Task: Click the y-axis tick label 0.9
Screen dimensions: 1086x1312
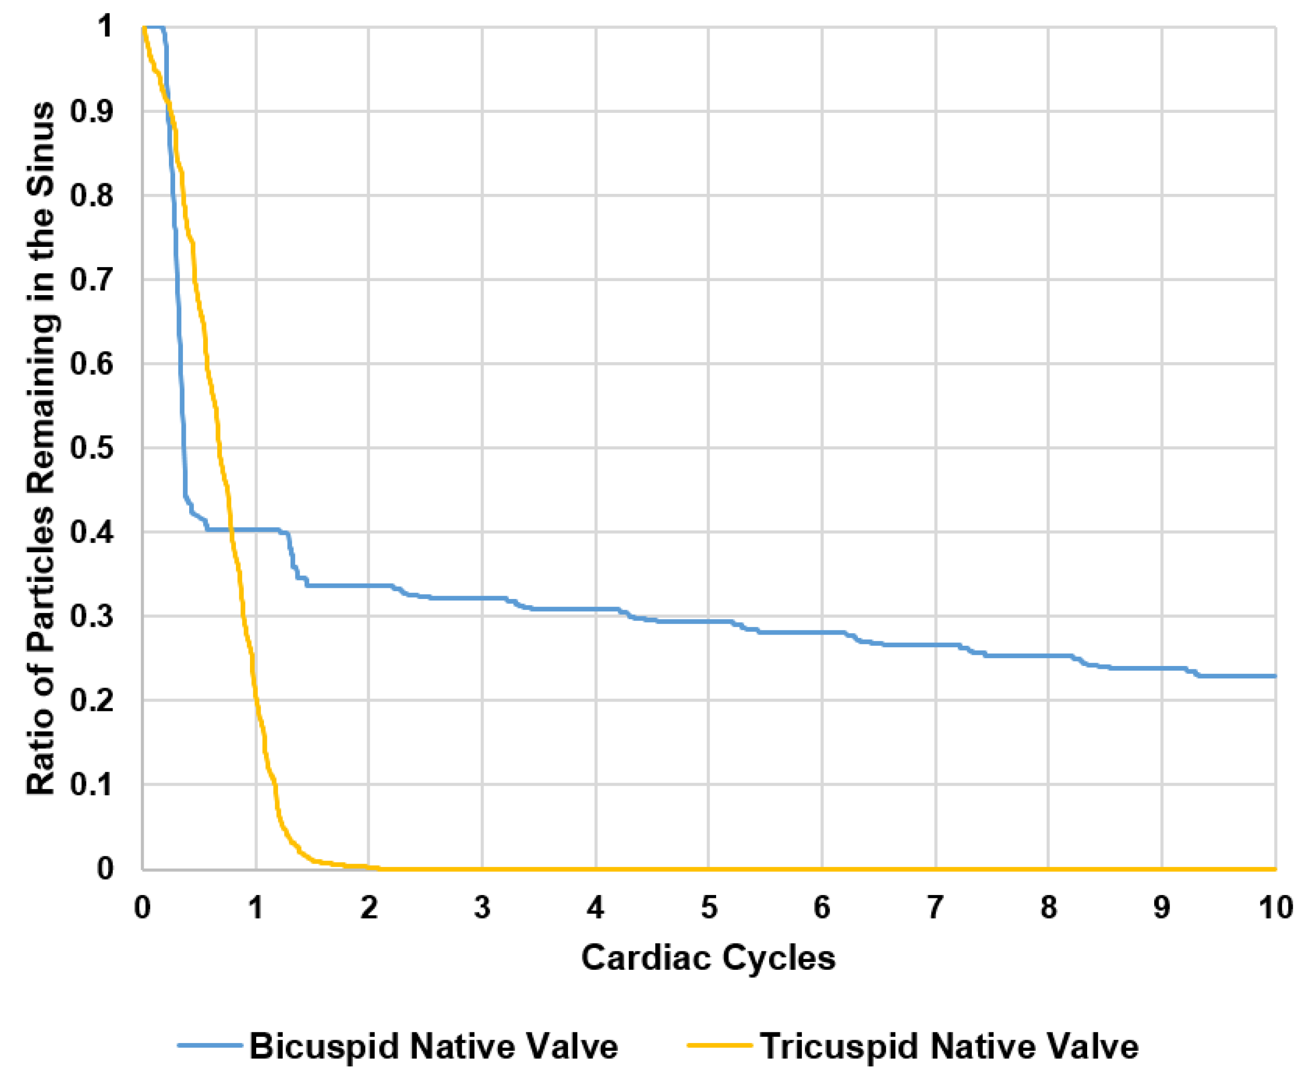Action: pyautogui.click(x=91, y=112)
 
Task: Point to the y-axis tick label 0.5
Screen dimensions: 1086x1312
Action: pyautogui.click(x=91, y=448)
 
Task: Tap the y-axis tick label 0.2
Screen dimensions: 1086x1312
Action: pyautogui.click(x=91, y=700)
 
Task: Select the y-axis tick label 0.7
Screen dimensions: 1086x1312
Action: pyautogui.click(x=91, y=280)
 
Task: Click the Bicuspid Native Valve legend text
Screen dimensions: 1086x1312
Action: pyautogui.click(x=434, y=1046)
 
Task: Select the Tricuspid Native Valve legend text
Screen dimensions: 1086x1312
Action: pyautogui.click(x=949, y=1046)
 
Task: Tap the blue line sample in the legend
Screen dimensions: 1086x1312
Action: pyautogui.click(x=209, y=1045)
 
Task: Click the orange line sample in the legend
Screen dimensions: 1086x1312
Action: pyautogui.click(x=719, y=1045)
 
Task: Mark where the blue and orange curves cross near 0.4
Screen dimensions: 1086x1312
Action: pyautogui.click(x=231, y=529)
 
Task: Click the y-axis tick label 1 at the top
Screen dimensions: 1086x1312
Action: pyautogui.click(x=105, y=27)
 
